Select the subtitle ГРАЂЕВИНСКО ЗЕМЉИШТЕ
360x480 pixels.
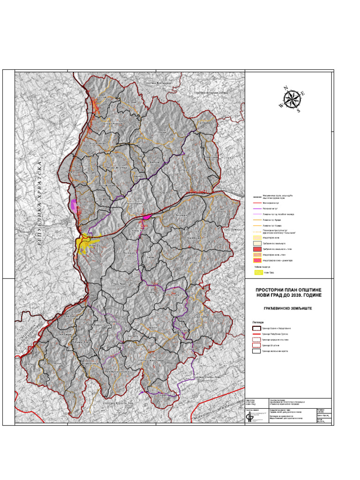290,308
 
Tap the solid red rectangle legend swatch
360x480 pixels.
256,249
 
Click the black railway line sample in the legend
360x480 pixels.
256,197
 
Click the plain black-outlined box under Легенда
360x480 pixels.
256,351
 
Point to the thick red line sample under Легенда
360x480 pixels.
256,334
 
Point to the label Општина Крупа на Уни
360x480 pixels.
118,404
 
